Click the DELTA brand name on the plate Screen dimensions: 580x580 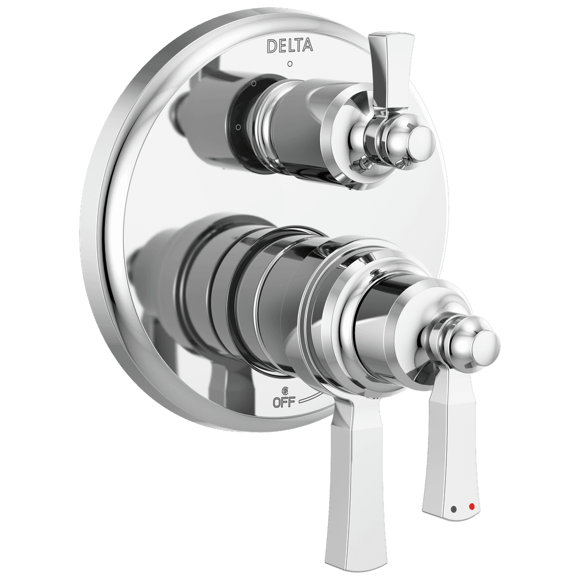pyautogui.click(x=289, y=46)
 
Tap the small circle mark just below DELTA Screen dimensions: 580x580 pyautogui.click(x=290, y=64)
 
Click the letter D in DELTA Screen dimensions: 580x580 pyautogui.click(x=272, y=46)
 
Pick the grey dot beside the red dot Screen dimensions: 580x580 pyautogui.click(x=455, y=508)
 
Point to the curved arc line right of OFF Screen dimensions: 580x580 pyautogui.click(x=310, y=397)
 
